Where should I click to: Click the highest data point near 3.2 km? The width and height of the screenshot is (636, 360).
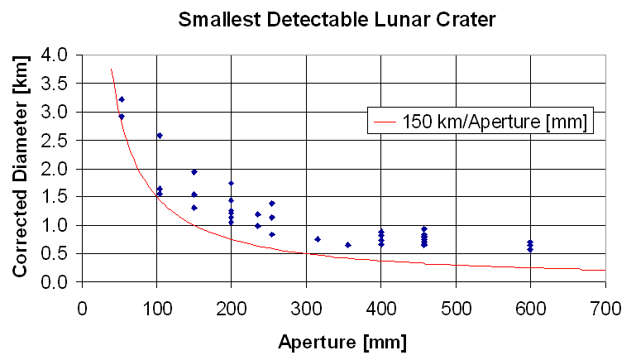[x=122, y=99]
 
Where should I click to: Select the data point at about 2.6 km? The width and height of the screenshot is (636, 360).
[x=160, y=135]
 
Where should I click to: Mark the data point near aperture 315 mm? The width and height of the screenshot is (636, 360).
[x=318, y=239]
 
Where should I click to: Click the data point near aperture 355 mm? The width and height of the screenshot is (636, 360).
[x=348, y=245]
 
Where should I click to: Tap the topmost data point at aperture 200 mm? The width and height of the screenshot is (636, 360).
[x=232, y=183]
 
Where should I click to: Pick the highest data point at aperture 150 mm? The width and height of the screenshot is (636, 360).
[x=194, y=172]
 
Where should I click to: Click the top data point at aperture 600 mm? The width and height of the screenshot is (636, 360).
[x=530, y=242]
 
